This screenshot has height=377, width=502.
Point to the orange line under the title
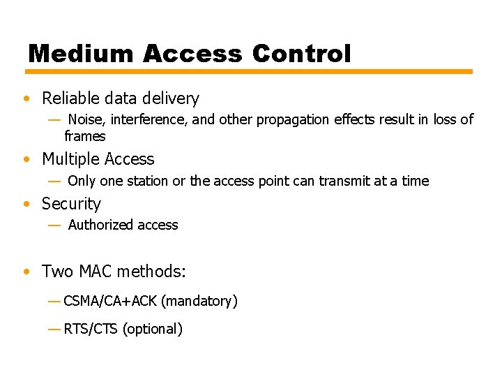pyautogui.click(x=249, y=71)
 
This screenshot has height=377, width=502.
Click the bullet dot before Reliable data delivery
pyautogui.click(x=26, y=99)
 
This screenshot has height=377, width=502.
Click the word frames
pyautogui.click(x=84, y=136)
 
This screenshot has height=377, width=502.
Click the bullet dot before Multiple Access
pyautogui.click(x=26, y=160)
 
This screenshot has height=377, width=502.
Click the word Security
pyautogui.click(x=71, y=204)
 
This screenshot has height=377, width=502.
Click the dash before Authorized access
pyautogui.click(x=54, y=225)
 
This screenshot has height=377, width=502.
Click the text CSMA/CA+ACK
pyautogui.click(x=110, y=302)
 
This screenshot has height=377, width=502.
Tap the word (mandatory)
pyautogui.click(x=199, y=302)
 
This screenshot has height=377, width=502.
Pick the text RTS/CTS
pyautogui.click(x=91, y=329)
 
